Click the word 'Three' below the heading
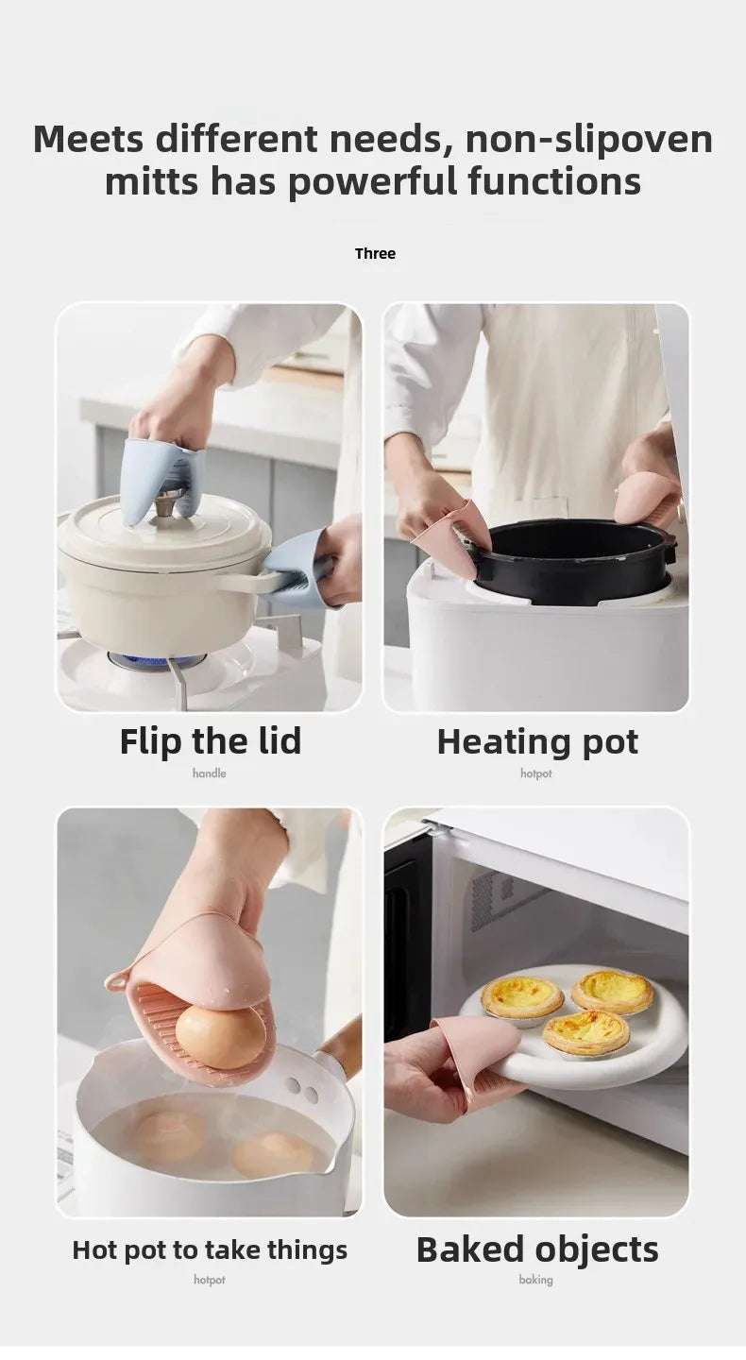(x=375, y=254)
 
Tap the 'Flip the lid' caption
(x=211, y=741)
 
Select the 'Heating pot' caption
(x=537, y=742)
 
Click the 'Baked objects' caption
(x=537, y=1250)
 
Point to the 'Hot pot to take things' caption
(x=210, y=1250)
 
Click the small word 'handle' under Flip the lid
(x=210, y=773)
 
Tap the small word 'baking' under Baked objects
(x=536, y=1280)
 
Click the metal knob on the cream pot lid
(x=165, y=502)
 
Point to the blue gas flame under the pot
(x=155, y=659)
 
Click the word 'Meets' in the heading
(x=89, y=139)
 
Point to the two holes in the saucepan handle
(x=303, y=1091)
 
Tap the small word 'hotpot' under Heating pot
(x=536, y=773)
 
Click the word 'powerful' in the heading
(x=371, y=182)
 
